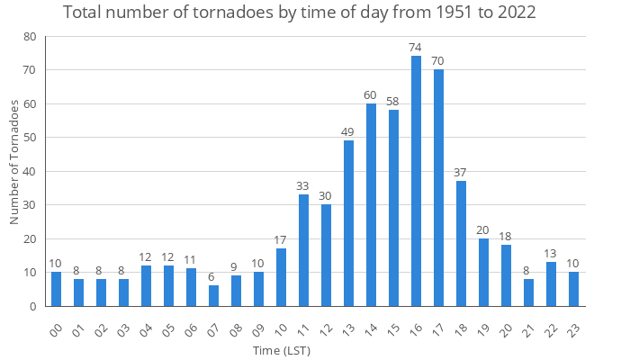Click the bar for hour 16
click(416, 181)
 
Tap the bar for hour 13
click(348, 223)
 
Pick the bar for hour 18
click(461, 243)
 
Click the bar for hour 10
click(281, 277)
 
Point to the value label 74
click(416, 47)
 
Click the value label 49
click(348, 131)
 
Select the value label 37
click(461, 172)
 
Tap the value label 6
click(213, 277)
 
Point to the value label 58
click(393, 101)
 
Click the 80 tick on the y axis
click(30, 37)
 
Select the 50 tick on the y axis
click(30, 138)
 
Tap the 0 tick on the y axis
click(33, 306)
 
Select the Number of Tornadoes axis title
click(14, 162)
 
